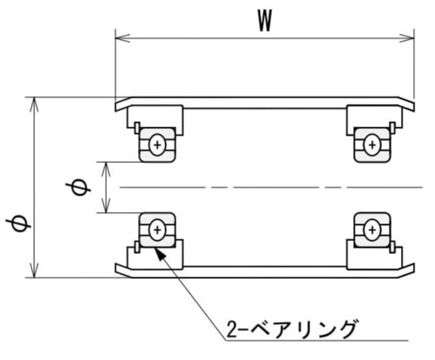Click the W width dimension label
pyautogui.click(x=265, y=20)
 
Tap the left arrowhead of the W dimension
pyautogui.click(x=122, y=39)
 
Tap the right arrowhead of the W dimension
pyautogui.click(x=407, y=39)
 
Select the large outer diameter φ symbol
pyautogui.click(x=18, y=224)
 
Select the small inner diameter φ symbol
pyautogui.click(x=78, y=188)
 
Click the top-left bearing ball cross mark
pyautogui.click(x=157, y=145)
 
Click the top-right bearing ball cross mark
pyautogui.click(x=372, y=145)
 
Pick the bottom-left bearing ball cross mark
pyautogui.click(x=157, y=230)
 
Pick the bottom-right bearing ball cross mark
pyautogui.click(x=372, y=230)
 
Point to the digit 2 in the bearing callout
pyautogui.click(x=232, y=329)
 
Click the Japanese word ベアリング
pyautogui.click(x=303, y=329)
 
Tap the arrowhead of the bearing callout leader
pyautogui.click(x=161, y=254)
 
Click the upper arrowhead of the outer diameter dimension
pyautogui.click(x=34, y=105)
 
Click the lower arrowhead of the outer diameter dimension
pyautogui.click(x=34, y=271)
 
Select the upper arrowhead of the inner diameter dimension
pyautogui.click(x=106, y=169)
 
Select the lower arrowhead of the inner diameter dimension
pyautogui.click(x=106, y=205)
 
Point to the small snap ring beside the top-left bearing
pyautogui.click(x=136, y=128)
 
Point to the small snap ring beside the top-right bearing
pyautogui.click(x=393, y=128)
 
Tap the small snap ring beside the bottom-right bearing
pyautogui.click(x=393, y=247)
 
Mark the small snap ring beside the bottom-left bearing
pyautogui.click(x=136, y=247)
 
